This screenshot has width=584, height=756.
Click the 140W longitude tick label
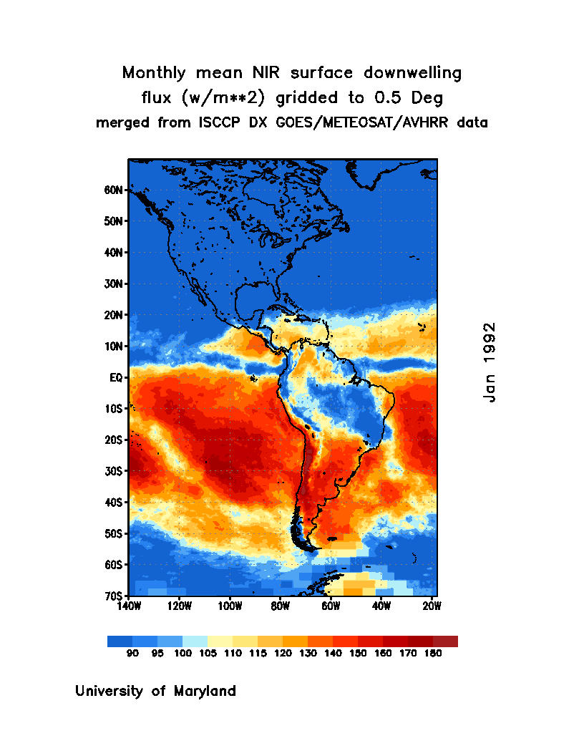pos(129,606)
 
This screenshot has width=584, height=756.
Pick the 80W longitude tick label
pos(280,606)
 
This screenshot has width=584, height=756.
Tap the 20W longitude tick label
pos(432,606)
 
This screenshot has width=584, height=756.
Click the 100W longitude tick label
pos(230,606)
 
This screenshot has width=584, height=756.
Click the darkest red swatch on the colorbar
pos(445,641)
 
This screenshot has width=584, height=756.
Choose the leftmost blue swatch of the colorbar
pos(120,641)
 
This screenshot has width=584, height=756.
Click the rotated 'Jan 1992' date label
pos(489,362)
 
